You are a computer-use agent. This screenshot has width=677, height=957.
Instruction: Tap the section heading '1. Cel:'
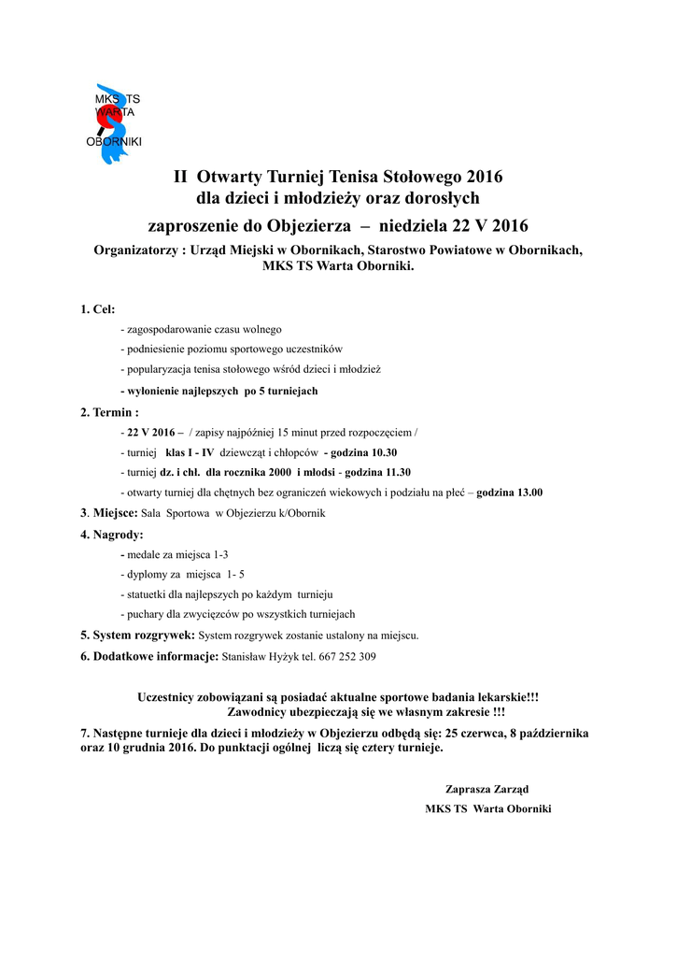[98, 309]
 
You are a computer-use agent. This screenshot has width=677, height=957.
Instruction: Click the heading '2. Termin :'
[109, 411]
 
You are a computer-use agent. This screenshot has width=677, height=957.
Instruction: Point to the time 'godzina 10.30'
[366, 452]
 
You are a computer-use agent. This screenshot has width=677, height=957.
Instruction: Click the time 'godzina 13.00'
[509, 492]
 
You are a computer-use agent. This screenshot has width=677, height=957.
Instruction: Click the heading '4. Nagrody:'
[112, 535]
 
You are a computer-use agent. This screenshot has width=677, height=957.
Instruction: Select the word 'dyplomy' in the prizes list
[148, 574]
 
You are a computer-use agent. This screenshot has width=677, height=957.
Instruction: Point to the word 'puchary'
[147, 614]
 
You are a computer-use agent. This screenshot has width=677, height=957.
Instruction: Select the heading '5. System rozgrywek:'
[137, 636]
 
